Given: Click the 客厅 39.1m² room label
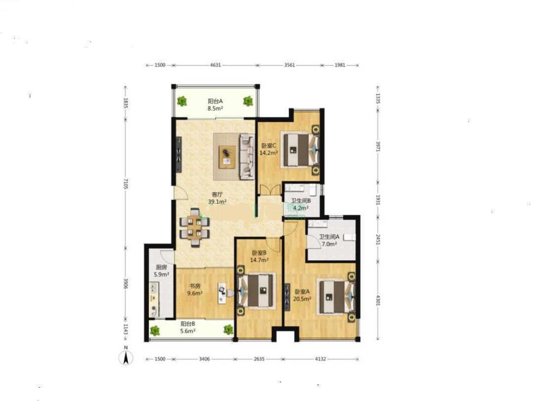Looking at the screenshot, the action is [x=217, y=198].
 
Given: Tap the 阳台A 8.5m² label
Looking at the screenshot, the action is [x=215, y=105].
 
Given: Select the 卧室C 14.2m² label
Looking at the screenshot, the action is [x=268, y=149].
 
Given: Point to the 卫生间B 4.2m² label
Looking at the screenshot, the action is [x=301, y=204].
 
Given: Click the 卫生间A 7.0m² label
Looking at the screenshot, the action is [x=329, y=240].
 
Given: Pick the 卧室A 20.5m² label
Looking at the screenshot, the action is [x=302, y=295].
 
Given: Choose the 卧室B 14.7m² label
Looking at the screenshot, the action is [x=260, y=256].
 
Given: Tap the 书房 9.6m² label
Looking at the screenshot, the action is [x=195, y=290].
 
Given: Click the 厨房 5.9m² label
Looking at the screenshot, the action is [x=161, y=271].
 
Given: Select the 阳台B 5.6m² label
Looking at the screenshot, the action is [x=187, y=327].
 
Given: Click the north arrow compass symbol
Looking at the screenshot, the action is [x=126, y=356].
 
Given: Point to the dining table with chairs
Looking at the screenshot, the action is [x=194, y=227].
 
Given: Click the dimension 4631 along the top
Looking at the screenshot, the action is [x=215, y=65].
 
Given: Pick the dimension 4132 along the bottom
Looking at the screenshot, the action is [x=320, y=359].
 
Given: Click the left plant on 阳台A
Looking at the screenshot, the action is [x=182, y=101].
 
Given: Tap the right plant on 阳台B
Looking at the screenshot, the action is [x=228, y=329].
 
